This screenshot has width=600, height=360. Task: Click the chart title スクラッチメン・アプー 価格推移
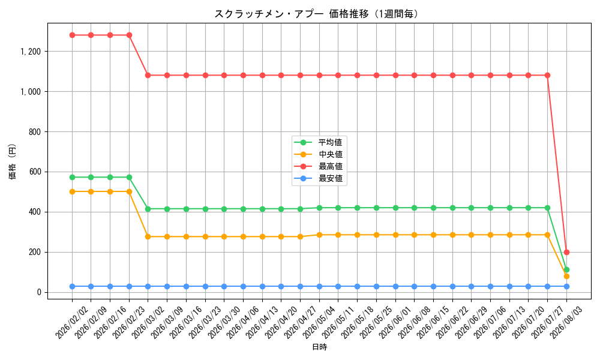pyautogui.click(x=292, y=14)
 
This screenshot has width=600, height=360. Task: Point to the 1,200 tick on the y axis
pyautogui.click(x=31, y=51)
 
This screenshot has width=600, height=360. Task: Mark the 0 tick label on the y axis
pyautogui.click(x=39, y=292)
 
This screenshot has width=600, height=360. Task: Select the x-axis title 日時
pyautogui.click(x=320, y=347)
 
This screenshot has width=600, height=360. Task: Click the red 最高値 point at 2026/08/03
pyautogui.click(x=566, y=252)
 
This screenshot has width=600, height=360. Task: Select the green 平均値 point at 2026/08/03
pyautogui.click(x=566, y=270)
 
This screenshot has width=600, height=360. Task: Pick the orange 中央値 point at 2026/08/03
pyautogui.click(x=566, y=276)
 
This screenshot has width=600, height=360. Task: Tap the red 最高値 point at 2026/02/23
pyautogui.click(x=130, y=35)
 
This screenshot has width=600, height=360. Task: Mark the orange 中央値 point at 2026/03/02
pyautogui.click(x=148, y=237)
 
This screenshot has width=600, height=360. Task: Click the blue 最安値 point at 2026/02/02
pyautogui.click(x=72, y=287)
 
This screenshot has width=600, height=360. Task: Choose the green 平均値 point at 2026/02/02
pyautogui.click(x=72, y=178)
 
